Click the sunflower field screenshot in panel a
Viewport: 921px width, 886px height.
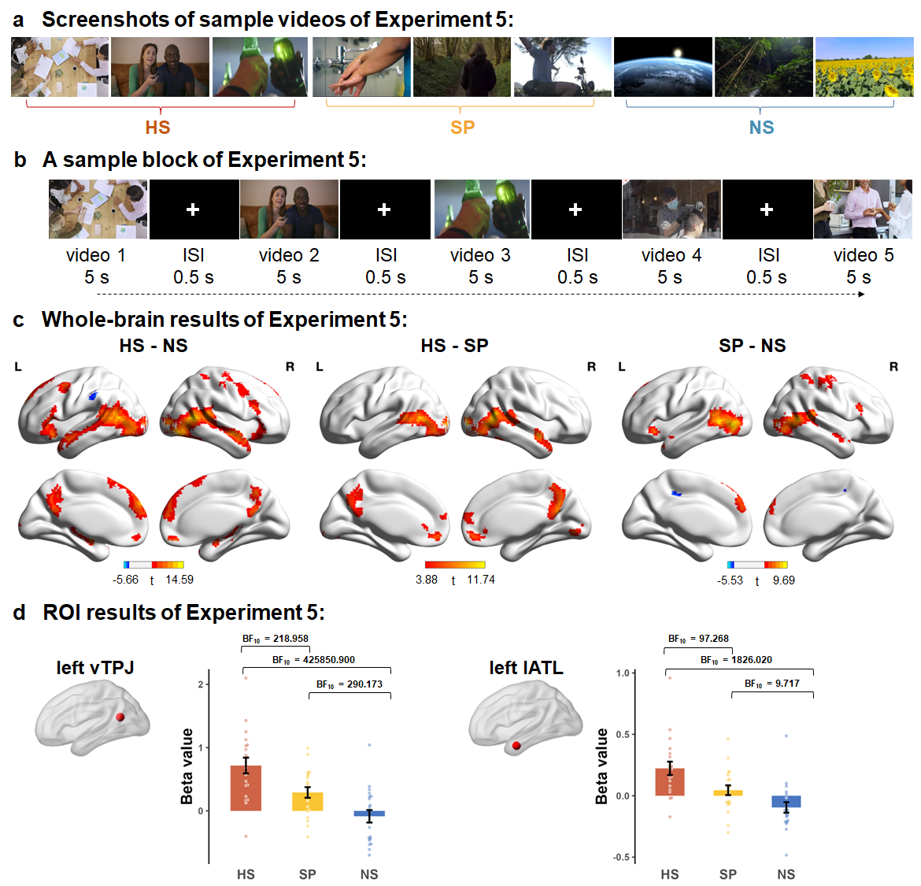(864, 67)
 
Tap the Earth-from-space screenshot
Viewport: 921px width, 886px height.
(663, 67)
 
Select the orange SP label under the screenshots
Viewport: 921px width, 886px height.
(462, 128)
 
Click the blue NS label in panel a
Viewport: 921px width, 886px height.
(761, 128)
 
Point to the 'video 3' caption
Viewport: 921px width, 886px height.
(480, 255)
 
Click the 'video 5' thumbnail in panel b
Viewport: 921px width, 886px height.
(863, 209)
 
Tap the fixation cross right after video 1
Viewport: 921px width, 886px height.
(193, 209)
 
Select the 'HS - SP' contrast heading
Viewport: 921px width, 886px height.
(454, 346)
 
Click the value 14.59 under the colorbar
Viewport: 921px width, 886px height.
(179, 580)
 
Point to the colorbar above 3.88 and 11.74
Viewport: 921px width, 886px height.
(454, 565)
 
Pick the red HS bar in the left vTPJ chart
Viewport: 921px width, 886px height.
(246, 788)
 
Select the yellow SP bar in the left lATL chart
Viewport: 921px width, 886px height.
(728, 793)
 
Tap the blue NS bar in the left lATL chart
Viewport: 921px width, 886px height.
(786, 802)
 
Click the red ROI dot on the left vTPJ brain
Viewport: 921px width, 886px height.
(120, 717)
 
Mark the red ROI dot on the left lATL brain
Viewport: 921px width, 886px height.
(516, 745)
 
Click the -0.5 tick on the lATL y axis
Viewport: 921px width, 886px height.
(622, 858)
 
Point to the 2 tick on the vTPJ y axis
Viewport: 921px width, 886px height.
(202, 684)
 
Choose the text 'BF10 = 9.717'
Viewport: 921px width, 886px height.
(771, 684)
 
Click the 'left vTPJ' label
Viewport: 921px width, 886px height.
(95, 668)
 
